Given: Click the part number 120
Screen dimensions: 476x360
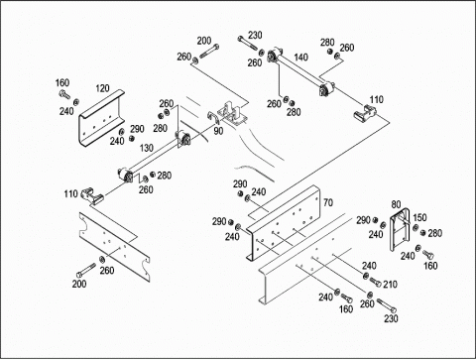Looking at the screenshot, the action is (102, 88).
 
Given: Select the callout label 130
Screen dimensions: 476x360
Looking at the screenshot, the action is (147, 148).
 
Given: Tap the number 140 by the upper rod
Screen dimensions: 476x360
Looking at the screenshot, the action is (300, 58).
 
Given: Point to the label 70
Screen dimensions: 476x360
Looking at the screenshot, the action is (328, 202).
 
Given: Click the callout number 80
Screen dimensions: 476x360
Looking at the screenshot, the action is (396, 204).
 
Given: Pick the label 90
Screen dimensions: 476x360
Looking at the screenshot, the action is (218, 131).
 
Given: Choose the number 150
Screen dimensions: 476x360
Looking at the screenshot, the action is (419, 217).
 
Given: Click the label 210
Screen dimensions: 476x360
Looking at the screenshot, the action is (390, 285).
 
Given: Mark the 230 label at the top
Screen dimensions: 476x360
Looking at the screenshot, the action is (255, 35).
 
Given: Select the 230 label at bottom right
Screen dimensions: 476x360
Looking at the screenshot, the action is (391, 318).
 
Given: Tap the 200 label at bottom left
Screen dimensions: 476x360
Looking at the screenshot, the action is (79, 284).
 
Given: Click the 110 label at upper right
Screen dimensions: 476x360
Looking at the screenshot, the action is (377, 99).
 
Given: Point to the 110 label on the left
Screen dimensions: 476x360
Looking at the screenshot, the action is (70, 193).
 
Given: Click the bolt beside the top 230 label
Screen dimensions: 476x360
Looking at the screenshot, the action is (247, 44).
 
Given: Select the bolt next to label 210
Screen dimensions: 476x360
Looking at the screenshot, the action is (375, 282).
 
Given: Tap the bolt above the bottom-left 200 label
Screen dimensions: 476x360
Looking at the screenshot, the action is (86, 270).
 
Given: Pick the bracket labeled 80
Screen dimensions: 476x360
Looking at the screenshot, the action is (400, 229).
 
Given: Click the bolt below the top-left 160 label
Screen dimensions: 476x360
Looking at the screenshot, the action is (64, 94).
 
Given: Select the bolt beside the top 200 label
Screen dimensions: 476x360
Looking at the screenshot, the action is (209, 52).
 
